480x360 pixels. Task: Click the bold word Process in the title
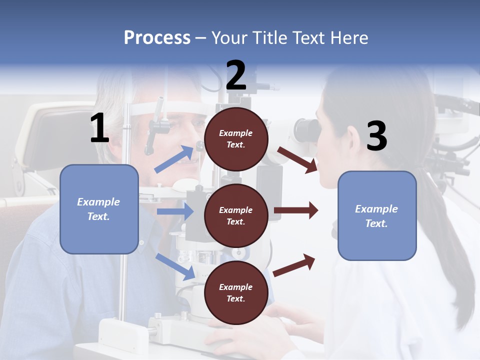click(157, 38)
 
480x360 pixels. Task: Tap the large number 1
click(99, 128)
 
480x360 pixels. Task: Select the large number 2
click(236, 75)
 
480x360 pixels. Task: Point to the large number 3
click(376, 136)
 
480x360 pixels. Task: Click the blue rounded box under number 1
click(99, 209)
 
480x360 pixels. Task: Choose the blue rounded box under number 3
click(377, 215)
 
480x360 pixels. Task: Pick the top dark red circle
click(236, 139)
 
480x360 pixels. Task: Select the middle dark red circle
click(236, 215)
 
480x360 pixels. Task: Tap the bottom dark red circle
click(236, 292)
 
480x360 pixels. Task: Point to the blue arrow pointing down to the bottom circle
click(175, 266)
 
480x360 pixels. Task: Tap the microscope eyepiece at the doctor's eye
click(306, 130)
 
